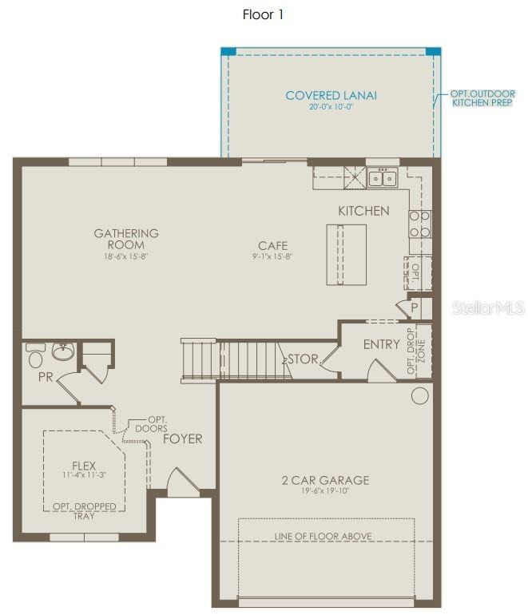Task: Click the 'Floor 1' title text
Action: [263, 14]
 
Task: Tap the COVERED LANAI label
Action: [331, 96]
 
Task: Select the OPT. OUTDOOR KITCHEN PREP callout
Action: [482, 98]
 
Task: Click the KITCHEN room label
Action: [363, 211]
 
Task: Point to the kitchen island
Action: [346, 254]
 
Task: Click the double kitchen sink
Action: [382, 177]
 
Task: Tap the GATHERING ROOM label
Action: [126, 239]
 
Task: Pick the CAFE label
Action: [272, 246]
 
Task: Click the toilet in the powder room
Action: [35, 355]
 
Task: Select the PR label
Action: [46, 376]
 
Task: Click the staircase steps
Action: [247, 359]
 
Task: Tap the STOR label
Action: [303, 359]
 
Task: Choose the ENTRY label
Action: [381, 344]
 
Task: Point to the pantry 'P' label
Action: [414, 307]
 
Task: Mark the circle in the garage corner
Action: [419, 395]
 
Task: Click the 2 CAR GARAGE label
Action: [325, 480]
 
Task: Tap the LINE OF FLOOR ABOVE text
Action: [324, 536]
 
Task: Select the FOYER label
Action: [183, 438]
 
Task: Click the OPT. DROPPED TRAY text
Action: [85, 511]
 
